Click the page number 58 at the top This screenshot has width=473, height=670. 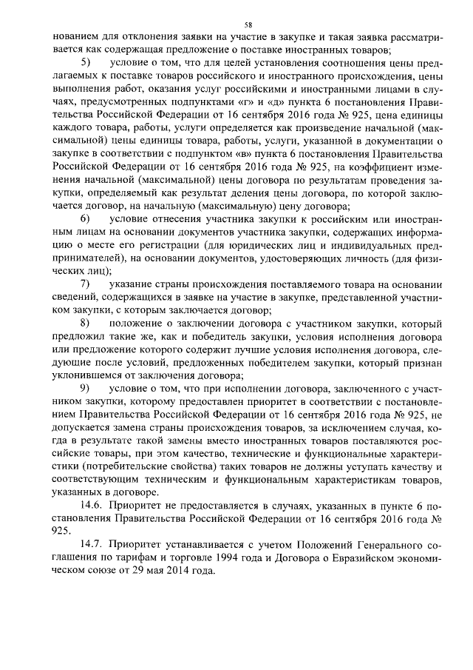236,24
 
